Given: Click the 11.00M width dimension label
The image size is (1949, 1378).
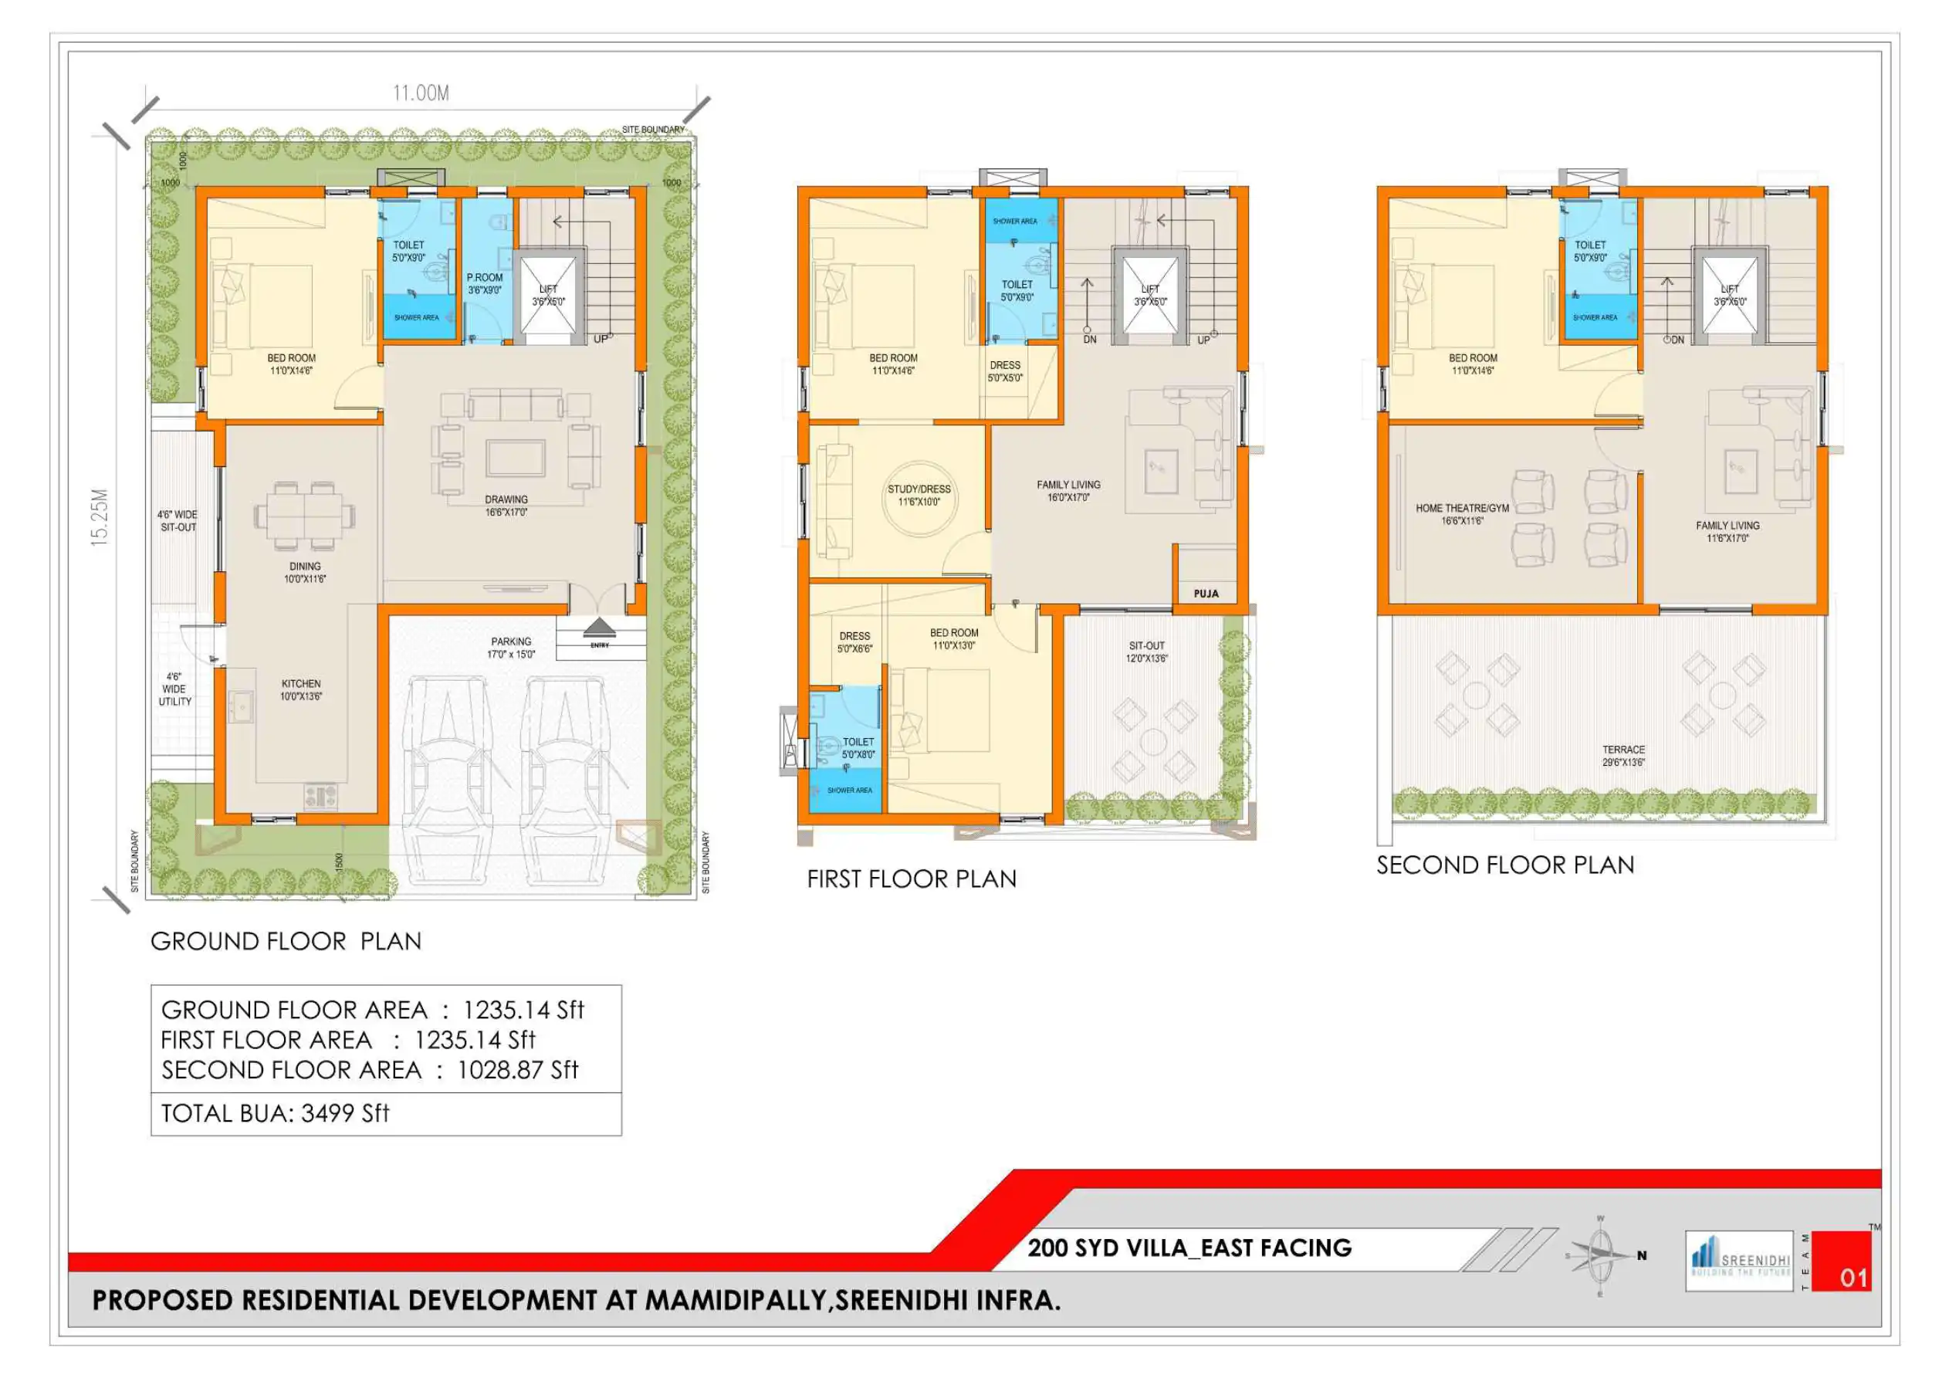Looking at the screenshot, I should click(x=420, y=93).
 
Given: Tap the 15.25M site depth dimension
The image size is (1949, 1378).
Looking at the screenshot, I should click(x=100, y=516).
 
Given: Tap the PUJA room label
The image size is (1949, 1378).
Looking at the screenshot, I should click(x=1206, y=594).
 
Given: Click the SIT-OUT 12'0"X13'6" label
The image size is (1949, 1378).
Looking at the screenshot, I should click(x=1147, y=652).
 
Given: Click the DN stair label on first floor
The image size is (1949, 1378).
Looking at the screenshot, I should click(x=1090, y=340).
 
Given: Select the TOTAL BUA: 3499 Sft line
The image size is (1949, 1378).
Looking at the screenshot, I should click(x=275, y=1113).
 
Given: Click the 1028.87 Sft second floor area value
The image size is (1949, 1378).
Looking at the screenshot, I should click(x=518, y=1070).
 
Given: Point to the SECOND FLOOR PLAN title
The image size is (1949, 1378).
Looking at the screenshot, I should click(x=1505, y=865).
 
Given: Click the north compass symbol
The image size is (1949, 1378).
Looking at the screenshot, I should click(x=1601, y=1255).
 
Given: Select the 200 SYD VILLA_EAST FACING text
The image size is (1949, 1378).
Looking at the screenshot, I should click(x=1189, y=1248).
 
